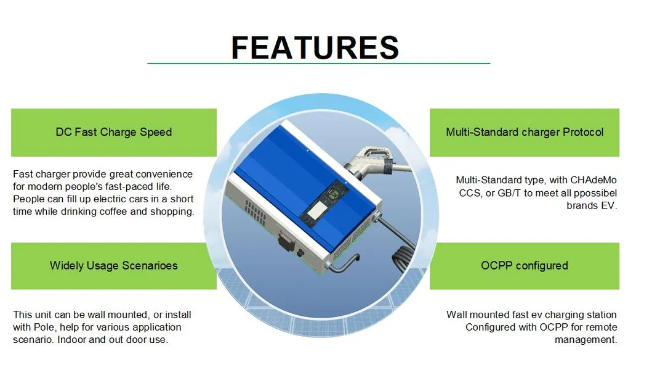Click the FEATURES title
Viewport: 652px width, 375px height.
click(x=315, y=47)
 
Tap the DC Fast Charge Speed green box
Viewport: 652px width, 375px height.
click(x=114, y=132)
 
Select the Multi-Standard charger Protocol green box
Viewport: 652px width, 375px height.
click(x=525, y=132)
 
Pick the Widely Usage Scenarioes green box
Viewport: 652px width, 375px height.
click(x=114, y=266)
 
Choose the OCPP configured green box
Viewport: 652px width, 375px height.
click(x=525, y=266)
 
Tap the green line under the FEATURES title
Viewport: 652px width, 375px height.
click(x=318, y=64)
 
